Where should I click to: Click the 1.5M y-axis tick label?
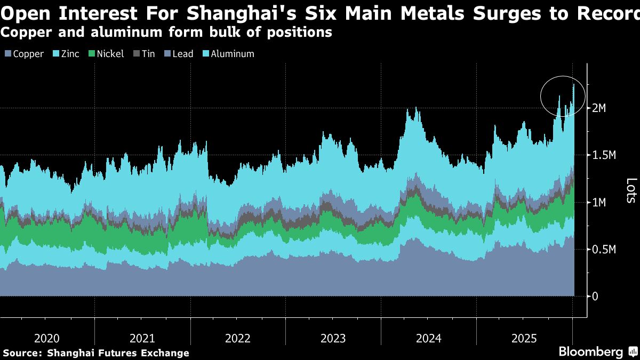click(604, 155)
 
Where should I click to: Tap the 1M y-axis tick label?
click(601, 202)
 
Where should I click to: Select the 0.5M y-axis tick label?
click(604, 249)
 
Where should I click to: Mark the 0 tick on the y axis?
click(595, 296)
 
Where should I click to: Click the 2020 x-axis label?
click(47, 338)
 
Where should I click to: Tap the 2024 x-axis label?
click(428, 338)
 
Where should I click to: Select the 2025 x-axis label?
click(524, 338)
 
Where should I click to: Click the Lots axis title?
click(631, 190)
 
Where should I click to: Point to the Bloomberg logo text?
click(590, 352)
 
